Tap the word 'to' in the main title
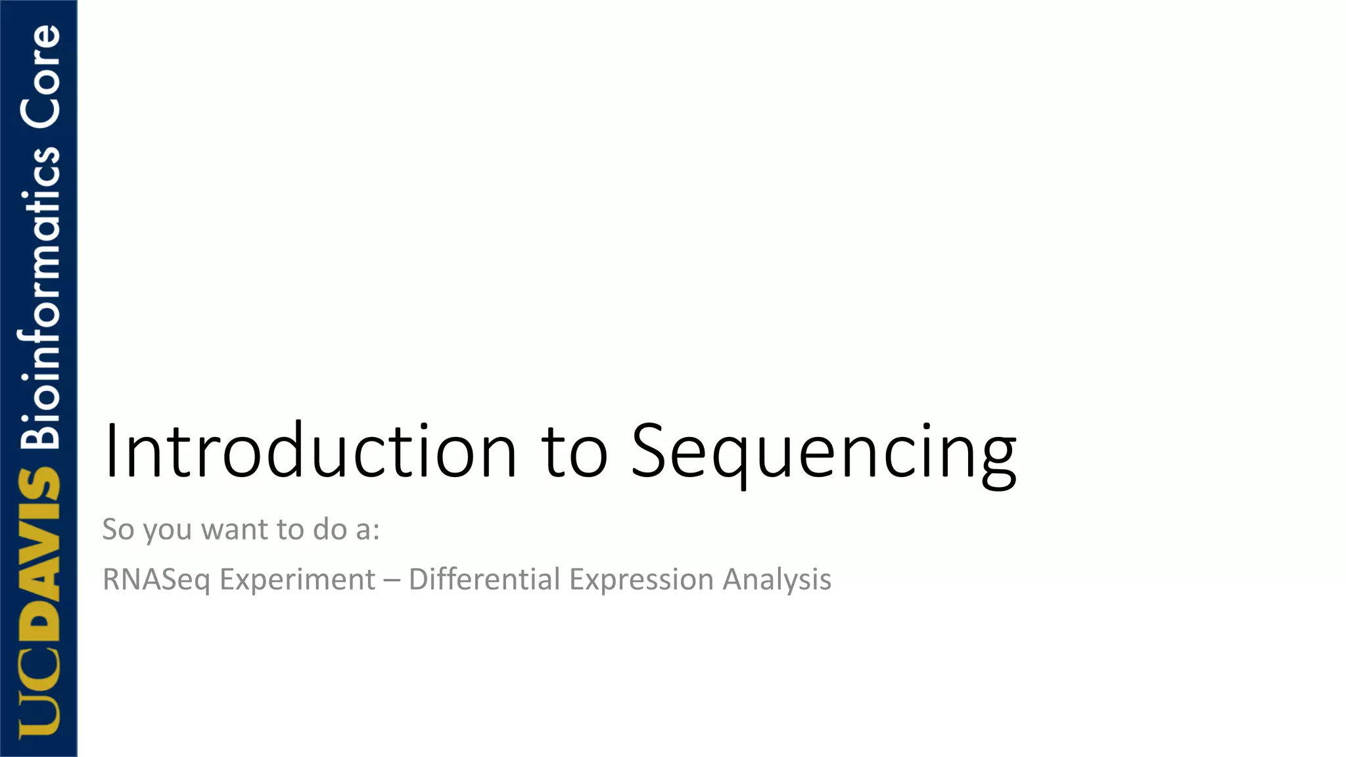[574, 452]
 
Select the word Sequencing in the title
[823, 453]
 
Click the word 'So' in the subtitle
[118, 529]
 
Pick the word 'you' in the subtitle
[167, 531]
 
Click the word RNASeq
[156, 580]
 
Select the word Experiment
[297, 580]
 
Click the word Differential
[485, 579]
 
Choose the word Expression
[641, 580]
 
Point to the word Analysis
[777, 580]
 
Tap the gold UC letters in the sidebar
[39, 697]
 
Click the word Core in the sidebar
[39, 76]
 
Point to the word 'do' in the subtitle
[329, 529]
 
